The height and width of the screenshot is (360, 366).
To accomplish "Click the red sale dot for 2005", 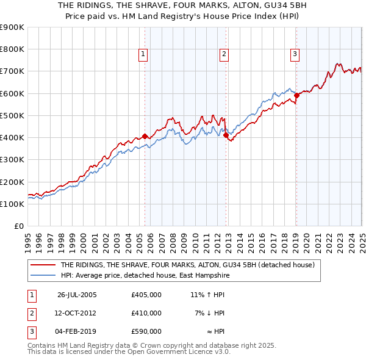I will point(145,136).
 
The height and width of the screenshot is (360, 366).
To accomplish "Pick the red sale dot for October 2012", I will point(226,135).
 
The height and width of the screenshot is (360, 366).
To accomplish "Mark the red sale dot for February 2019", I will point(296,95).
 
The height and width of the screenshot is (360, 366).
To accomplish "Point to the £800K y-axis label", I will point(13,49).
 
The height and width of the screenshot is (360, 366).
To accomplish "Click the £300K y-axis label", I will point(13,160).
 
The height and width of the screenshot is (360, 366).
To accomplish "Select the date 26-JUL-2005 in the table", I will point(77,295).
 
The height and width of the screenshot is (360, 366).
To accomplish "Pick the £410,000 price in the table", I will point(146,313).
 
